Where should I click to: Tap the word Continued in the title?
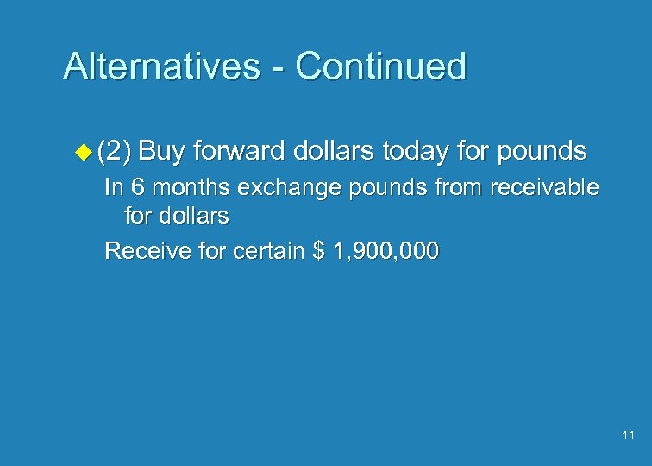[381, 66]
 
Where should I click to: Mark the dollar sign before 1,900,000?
[318, 252]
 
